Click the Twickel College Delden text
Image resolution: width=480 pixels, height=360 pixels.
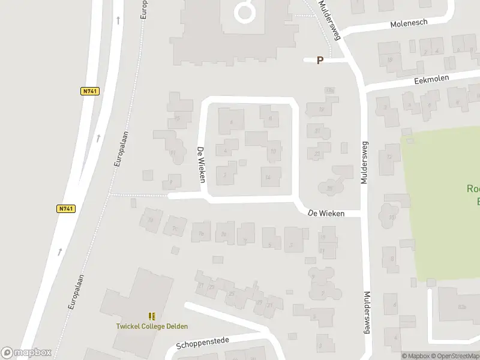click(x=152, y=326)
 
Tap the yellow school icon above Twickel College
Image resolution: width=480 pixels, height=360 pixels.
click(x=152, y=316)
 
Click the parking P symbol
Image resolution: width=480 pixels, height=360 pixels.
click(x=320, y=60)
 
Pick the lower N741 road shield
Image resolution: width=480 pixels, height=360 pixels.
click(x=66, y=209)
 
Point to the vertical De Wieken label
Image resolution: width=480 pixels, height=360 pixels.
click(x=202, y=165)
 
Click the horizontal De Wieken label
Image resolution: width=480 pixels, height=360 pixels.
click(x=326, y=213)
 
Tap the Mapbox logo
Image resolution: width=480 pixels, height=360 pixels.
click(x=26, y=353)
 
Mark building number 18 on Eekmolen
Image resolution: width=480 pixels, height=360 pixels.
click(x=389, y=59)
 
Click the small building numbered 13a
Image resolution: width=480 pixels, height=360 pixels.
click(x=329, y=90)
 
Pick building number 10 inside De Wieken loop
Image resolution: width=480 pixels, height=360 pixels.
click(x=273, y=151)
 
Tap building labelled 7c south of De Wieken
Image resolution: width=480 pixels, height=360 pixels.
click(x=175, y=228)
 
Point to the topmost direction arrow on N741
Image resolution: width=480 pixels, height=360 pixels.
click(x=118, y=20)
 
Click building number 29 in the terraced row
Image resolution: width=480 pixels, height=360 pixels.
click(x=259, y=301)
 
